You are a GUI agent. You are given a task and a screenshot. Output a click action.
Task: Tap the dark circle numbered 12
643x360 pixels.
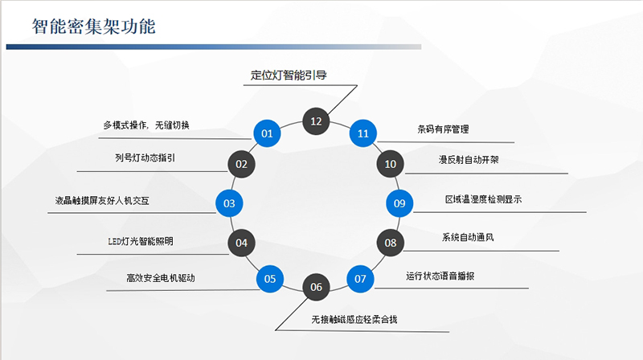click(316, 121)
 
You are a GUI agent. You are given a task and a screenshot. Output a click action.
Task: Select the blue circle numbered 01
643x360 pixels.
click(268, 133)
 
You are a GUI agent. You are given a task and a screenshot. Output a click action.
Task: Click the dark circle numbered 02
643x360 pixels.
click(241, 164)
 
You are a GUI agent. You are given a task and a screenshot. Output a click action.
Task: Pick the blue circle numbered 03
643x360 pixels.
click(229, 203)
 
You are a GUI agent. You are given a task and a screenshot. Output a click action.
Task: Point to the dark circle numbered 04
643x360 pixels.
click(241, 242)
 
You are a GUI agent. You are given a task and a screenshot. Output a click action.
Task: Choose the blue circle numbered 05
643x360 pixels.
click(270, 279)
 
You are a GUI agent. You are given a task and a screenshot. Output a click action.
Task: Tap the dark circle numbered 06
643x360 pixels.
click(316, 287)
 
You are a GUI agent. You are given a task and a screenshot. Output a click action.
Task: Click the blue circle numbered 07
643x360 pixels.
click(360, 279)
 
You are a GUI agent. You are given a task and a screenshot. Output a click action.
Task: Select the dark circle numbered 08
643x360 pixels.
click(391, 242)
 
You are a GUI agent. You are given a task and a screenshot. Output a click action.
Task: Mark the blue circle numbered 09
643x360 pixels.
click(399, 203)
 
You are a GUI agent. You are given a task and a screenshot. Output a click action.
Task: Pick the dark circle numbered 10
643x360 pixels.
click(391, 164)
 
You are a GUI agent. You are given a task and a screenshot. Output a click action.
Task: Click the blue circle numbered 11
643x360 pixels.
click(363, 133)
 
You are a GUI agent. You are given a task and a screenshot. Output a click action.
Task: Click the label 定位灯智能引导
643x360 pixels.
click(287, 76)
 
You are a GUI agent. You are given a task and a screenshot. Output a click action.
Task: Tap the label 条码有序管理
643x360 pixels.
click(443, 129)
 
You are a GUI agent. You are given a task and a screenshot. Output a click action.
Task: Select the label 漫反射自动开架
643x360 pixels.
click(469, 160)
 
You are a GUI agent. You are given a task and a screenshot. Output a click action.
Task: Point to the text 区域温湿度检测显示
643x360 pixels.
click(483, 198)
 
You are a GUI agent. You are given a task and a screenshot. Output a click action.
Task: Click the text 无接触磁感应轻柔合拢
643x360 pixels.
click(354, 319)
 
